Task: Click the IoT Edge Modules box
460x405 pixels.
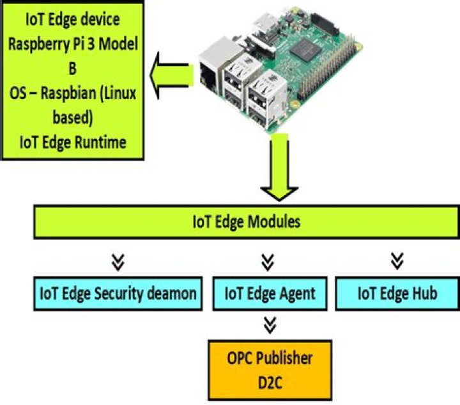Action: point(246,222)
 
